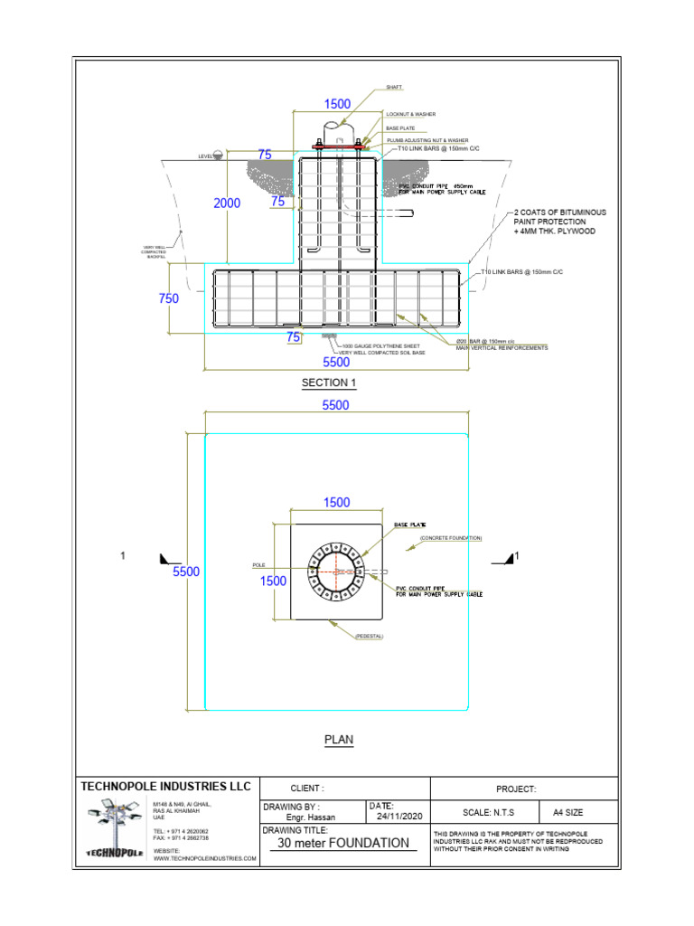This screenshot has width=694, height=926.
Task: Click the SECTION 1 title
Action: (x=329, y=383)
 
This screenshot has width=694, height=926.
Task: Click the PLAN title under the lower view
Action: (x=339, y=740)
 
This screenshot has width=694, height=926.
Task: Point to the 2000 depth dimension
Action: (x=227, y=203)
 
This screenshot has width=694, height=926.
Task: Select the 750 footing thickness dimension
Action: (x=169, y=298)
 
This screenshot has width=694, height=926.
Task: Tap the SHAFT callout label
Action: (x=394, y=88)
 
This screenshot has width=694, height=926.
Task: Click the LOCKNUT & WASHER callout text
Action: (x=411, y=115)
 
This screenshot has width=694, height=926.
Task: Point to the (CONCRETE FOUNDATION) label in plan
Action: (x=451, y=538)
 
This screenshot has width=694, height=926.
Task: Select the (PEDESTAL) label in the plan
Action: (x=370, y=636)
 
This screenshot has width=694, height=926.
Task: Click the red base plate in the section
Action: (x=338, y=146)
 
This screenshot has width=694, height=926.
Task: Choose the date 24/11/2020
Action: (x=400, y=817)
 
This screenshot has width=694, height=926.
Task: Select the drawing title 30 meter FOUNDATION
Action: (x=343, y=843)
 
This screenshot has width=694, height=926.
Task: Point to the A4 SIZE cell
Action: (x=562, y=812)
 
